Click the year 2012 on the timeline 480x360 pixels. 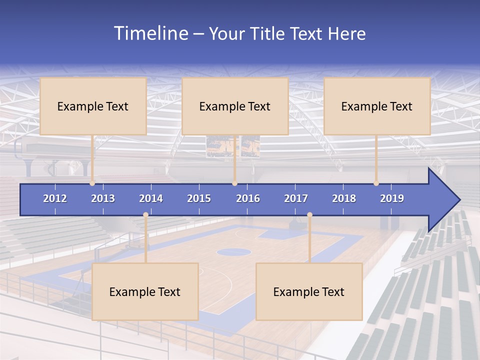55,198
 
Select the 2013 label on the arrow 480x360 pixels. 103,198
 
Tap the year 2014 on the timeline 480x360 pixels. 151,198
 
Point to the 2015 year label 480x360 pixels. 199,198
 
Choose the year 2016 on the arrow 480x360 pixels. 248,198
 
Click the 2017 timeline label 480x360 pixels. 296,198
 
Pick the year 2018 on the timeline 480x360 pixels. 344,198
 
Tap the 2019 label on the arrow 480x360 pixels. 392,198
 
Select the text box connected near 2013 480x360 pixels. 93,106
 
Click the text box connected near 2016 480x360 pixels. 235,106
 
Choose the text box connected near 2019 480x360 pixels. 377,106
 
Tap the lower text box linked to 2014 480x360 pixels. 145,291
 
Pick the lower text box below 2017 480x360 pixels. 309,291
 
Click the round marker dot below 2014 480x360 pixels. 145,215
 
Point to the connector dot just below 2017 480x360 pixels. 309,215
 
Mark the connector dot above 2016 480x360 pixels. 234,183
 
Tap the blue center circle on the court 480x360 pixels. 233,252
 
